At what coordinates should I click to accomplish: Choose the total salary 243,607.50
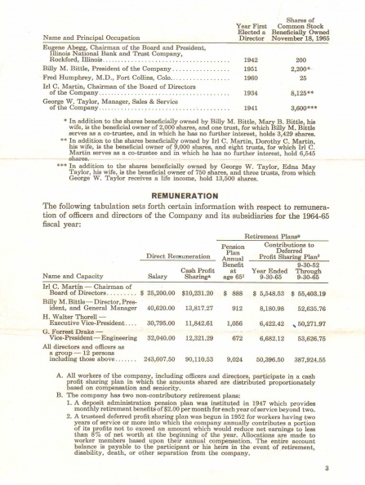tap(165, 358)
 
